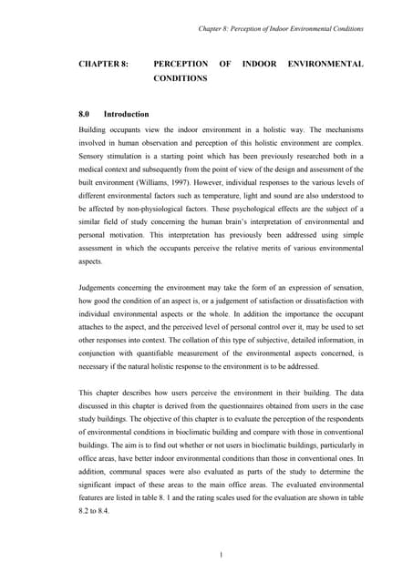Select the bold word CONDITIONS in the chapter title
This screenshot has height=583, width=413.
181,79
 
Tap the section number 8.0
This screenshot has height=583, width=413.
88,115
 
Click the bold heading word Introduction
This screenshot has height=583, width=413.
127,115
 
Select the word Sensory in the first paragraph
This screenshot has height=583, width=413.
98,156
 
